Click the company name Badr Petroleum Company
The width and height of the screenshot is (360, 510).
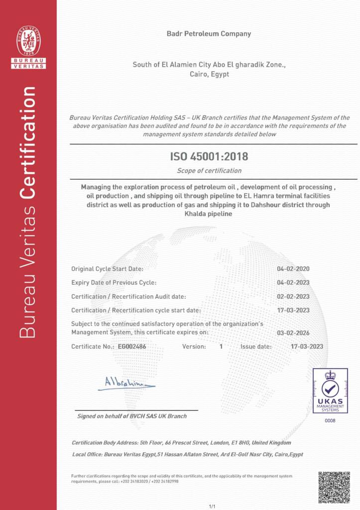pyautogui.click(x=209, y=34)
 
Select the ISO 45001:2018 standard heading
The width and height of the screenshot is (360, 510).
pyautogui.click(x=209, y=156)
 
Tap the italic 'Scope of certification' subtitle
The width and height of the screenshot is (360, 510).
pyautogui.click(x=209, y=171)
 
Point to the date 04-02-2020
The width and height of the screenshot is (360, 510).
pyautogui.click(x=293, y=269)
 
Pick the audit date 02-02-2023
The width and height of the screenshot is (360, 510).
pyautogui.click(x=293, y=296)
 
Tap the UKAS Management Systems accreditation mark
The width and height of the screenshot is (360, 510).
pyautogui.click(x=330, y=391)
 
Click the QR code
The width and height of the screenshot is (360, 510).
pyautogui.click(x=334, y=488)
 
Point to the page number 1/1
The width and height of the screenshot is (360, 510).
pyautogui.click(x=213, y=506)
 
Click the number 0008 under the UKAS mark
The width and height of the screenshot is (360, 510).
pyautogui.click(x=330, y=421)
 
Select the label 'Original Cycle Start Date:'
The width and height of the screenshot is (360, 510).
pyautogui.click(x=107, y=269)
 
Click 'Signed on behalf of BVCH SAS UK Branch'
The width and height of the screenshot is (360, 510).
pyautogui.click(x=132, y=416)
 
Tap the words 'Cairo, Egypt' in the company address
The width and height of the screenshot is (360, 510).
pyautogui.click(x=209, y=74)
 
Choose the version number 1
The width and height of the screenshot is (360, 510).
pyautogui.click(x=221, y=346)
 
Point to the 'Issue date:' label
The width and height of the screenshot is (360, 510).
pyautogui.click(x=256, y=346)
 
